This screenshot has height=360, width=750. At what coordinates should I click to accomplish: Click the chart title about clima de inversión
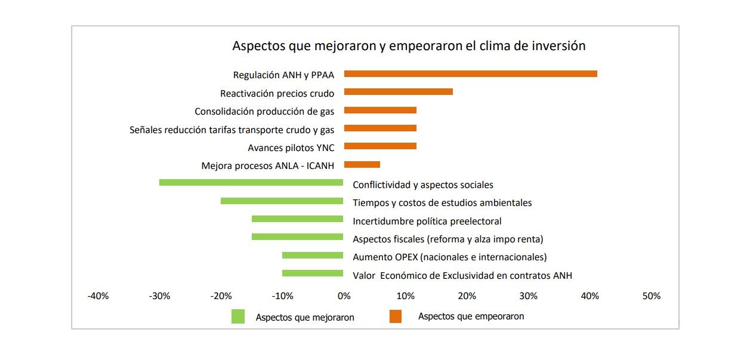tap(409, 46)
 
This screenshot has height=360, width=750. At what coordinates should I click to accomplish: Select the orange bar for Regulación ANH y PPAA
tap(470, 73)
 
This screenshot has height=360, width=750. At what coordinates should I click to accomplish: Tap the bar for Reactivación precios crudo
tap(398, 92)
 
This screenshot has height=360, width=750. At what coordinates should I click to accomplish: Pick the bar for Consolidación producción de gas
tap(380, 110)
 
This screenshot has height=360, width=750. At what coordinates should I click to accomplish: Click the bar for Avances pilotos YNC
tap(380, 146)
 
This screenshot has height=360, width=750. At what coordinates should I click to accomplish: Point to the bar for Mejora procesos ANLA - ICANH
tap(362, 165)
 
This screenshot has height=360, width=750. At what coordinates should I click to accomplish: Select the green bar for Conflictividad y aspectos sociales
tap(251, 183)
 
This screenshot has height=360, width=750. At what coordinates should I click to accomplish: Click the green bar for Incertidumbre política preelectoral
tap(297, 219)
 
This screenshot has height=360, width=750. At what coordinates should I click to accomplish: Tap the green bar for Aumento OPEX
tap(313, 256)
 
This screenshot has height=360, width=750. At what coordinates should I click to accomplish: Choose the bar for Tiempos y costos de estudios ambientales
tap(282, 201)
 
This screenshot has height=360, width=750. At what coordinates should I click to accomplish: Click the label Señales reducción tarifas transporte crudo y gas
tap(232, 130)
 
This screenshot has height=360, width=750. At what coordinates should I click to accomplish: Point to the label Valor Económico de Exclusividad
tap(462, 275)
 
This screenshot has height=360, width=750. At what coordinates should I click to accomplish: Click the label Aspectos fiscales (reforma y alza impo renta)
tap(447, 239)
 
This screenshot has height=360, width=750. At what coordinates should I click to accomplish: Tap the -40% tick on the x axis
tap(98, 296)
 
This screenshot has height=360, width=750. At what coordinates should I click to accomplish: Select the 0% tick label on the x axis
tap(344, 296)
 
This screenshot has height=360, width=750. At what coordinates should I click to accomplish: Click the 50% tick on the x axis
tap(651, 296)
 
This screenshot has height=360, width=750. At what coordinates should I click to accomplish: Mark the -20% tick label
tap(221, 296)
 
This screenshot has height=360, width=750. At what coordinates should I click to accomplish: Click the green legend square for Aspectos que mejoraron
tap(238, 316)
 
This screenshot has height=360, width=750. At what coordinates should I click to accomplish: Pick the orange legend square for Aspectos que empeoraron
tap(395, 316)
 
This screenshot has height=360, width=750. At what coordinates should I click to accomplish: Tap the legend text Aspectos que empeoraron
tap(471, 316)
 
